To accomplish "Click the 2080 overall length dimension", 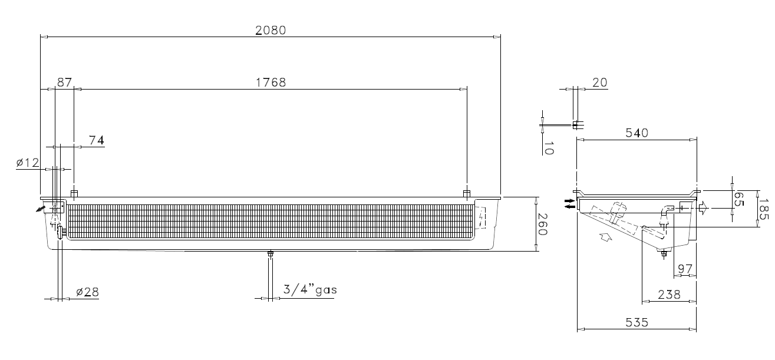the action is click(x=271, y=31).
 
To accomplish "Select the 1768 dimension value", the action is click(x=271, y=82).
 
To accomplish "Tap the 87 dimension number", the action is click(x=64, y=82).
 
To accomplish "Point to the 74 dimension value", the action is click(x=97, y=140).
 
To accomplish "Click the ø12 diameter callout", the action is click(x=28, y=163).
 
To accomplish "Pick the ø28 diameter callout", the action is click(x=88, y=292).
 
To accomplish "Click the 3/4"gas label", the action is click(x=310, y=289).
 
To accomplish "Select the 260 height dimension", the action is click(x=542, y=224).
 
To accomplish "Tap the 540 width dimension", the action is click(x=637, y=133).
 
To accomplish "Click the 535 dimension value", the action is click(x=637, y=323).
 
